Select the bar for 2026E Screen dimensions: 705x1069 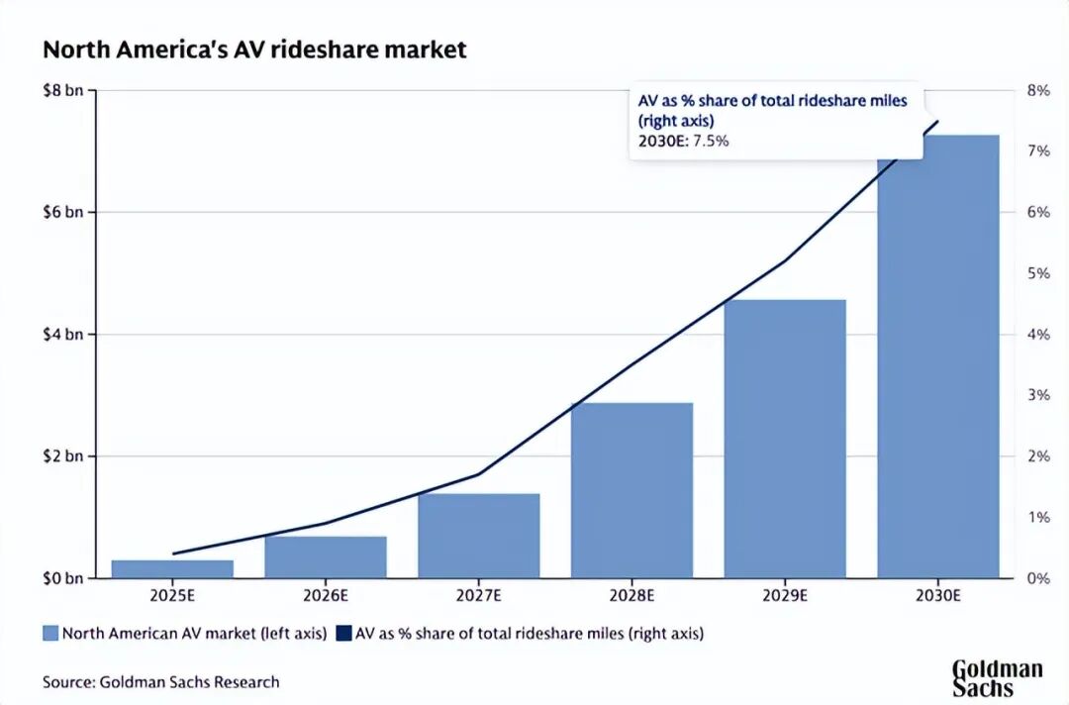click(x=326, y=556)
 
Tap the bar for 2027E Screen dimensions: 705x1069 click(x=479, y=535)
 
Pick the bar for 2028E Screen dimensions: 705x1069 click(x=632, y=490)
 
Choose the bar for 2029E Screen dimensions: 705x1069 click(x=785, y=439)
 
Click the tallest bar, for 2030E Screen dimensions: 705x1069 click(x=938, y=356)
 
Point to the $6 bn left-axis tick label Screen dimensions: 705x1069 click(x=62, y=213)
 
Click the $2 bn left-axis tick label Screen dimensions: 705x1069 click(x=62, y=456)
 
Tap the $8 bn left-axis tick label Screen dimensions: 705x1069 click(x=62, y=91)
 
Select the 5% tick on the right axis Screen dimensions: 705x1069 click(x=1036, y=273)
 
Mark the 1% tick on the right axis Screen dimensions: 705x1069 click(x=1036, y=517)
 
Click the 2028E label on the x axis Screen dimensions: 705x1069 click(x=632, y=596)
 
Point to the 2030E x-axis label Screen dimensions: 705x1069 click(x=938, y=596)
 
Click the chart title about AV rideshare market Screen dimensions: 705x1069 click(x=254, y=50)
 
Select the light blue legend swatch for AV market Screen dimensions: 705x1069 click(x=50, y=633)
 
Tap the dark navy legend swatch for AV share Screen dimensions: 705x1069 click(x=343, y=633)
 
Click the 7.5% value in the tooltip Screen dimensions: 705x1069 click(x=709, y=141)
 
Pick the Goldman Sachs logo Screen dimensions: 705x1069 click(x=997, y=677)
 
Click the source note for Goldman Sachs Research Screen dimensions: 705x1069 click(x=161, y=681)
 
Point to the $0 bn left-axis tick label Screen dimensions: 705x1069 click(x=62, y=578)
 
